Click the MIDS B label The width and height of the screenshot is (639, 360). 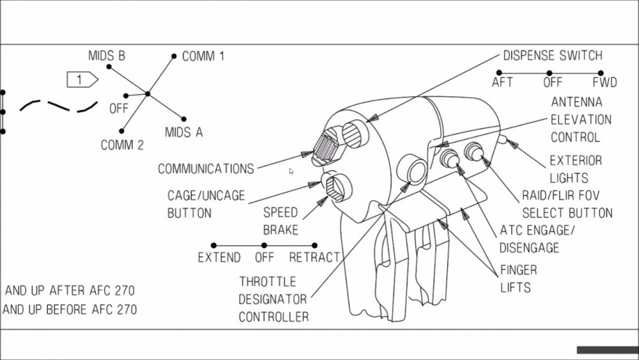click(x=107, y=56)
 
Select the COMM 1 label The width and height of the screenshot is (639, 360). click(x=203, y=56)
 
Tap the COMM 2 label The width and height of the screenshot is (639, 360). click(x=122, y=145)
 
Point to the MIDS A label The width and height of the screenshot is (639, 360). click(x=183, y=132)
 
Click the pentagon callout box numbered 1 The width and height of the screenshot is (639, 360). click(x=82, y=80)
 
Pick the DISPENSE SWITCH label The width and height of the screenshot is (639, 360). click(x=553, y=56)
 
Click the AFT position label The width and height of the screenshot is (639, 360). click(x=502, y=82)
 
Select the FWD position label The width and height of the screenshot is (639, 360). click(x=604, y=82)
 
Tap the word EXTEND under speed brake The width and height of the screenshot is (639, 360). click(x=219, y=258)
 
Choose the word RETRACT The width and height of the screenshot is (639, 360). click(x=314, y=258)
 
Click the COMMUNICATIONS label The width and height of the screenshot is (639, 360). click(x=206, y=169)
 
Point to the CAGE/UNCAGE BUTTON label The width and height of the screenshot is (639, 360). click(x=206, y=204)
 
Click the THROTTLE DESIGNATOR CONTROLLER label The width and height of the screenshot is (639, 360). click(x=273, y=299)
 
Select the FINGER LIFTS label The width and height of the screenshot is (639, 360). click(x=518, y=279)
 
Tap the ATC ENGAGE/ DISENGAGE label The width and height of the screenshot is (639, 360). click(x=528, y=239)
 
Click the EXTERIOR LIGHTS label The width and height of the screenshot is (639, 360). click(x=575, y=169)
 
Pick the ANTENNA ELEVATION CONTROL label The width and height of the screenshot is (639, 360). click(x=581, y=120)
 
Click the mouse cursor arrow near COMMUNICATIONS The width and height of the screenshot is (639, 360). click(x=291, y=171)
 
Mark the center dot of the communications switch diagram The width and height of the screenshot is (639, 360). click(x=147, y=94)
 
